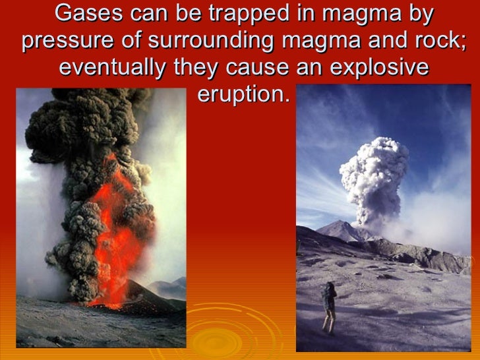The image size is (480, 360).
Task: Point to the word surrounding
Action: pos(212,41)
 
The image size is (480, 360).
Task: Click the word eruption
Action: pos(243,95)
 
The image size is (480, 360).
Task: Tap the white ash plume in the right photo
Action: pos(373,175)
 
